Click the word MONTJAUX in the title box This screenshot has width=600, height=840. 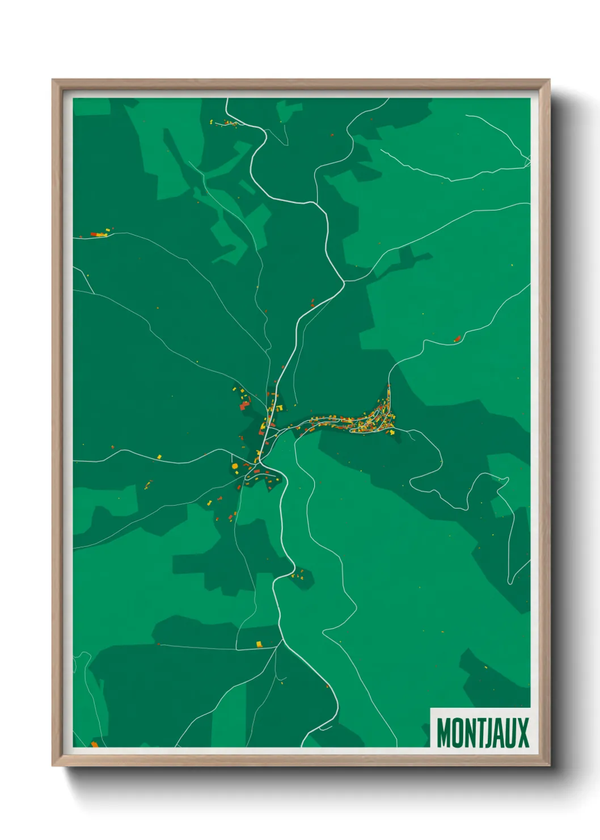point(483,733)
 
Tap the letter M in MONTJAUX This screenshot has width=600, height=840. point(443,733)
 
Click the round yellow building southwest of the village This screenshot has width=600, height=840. point(234,466)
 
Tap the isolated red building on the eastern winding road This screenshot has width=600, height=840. point(457,339)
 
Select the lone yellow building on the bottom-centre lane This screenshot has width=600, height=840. point(259,644)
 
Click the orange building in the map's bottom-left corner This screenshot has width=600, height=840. point(95,744)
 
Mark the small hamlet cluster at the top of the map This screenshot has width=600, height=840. point(226,122)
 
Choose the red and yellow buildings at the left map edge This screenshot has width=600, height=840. point(99,233)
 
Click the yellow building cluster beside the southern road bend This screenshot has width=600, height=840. point(298,575)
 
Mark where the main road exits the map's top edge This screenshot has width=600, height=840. point(227,99)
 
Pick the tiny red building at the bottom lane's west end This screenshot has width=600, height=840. point(159,644)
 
